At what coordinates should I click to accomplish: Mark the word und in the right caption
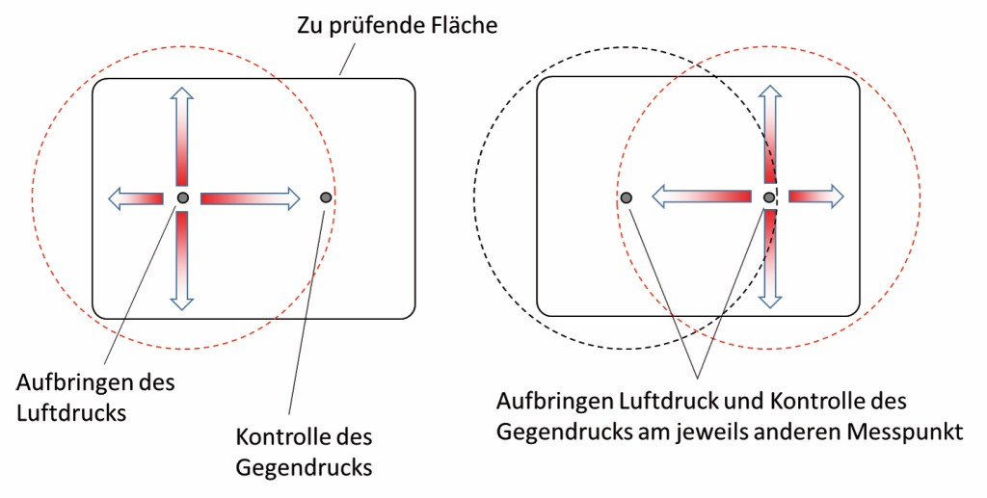725,400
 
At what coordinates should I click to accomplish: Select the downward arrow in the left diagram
182,260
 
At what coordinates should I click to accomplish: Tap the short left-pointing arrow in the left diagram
135,198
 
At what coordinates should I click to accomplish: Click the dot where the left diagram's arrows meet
183,198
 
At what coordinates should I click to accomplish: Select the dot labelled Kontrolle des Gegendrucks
326,197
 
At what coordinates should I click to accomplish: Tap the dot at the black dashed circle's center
626,197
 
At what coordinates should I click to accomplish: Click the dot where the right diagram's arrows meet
769,197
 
